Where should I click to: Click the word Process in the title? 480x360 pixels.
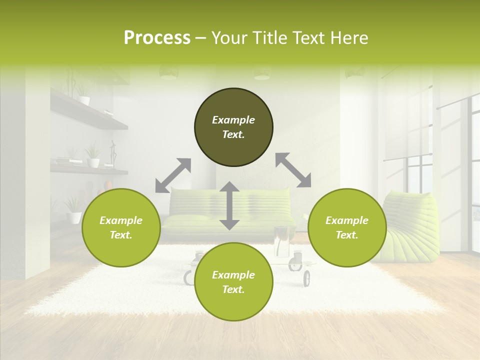(x=157, y=38)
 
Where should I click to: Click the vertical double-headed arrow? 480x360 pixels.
(x=229, y=205)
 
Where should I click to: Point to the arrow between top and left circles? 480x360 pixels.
(x=173, y=175)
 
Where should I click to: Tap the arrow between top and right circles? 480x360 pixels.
(x=293, y=170)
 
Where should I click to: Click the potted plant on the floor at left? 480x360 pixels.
(x=74, y=210)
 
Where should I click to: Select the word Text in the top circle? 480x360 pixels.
(x=233, y=134)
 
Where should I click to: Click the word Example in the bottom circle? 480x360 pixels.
(x=233, y=275)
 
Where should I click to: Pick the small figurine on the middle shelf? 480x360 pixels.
(x=113, y=153)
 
